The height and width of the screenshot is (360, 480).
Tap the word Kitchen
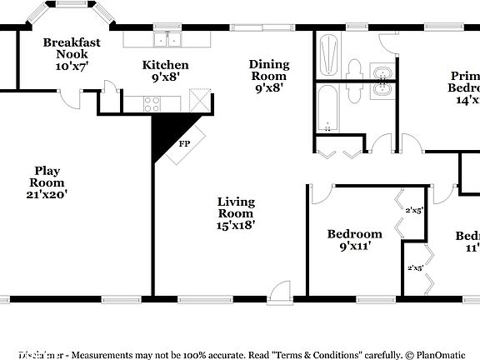[165, 65]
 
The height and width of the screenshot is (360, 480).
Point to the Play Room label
[46, 177]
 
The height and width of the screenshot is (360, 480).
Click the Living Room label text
[236, 207]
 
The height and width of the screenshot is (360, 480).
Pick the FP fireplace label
[183, 142]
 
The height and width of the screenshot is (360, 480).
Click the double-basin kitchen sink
[167, 39]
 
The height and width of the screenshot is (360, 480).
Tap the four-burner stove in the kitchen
[152, 103]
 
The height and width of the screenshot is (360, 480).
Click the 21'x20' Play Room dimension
[46, 194]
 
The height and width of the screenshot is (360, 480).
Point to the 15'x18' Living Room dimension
[236, 224]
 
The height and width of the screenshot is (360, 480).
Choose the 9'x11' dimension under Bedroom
[354, 246]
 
